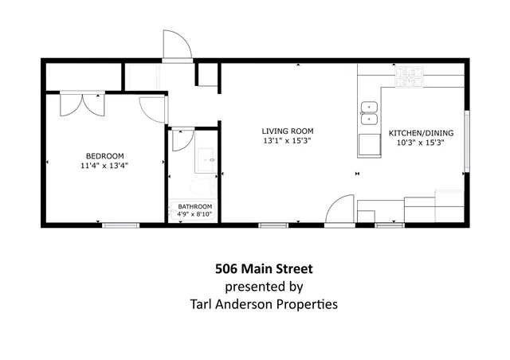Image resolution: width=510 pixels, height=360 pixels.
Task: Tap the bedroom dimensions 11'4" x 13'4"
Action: [104, 166]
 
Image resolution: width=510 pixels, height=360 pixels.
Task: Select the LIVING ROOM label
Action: [288, 131]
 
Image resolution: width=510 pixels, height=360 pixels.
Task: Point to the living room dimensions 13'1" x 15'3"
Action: [288, 141]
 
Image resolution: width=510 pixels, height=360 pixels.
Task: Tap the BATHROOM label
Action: [194, 206]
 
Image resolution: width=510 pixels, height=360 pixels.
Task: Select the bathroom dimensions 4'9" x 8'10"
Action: [194, 214]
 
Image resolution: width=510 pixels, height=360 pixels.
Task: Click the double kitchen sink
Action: [370, 114]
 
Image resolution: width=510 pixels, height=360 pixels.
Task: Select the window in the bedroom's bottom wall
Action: [121, 225]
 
